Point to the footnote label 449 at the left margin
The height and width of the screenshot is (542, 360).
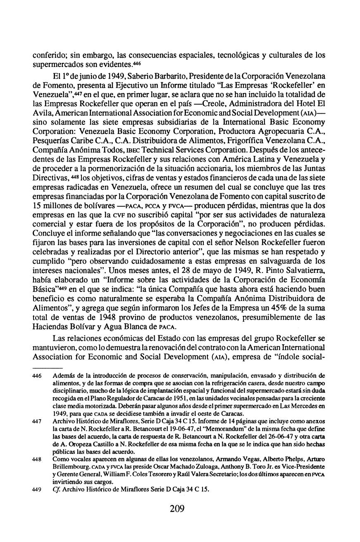point(38,490)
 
